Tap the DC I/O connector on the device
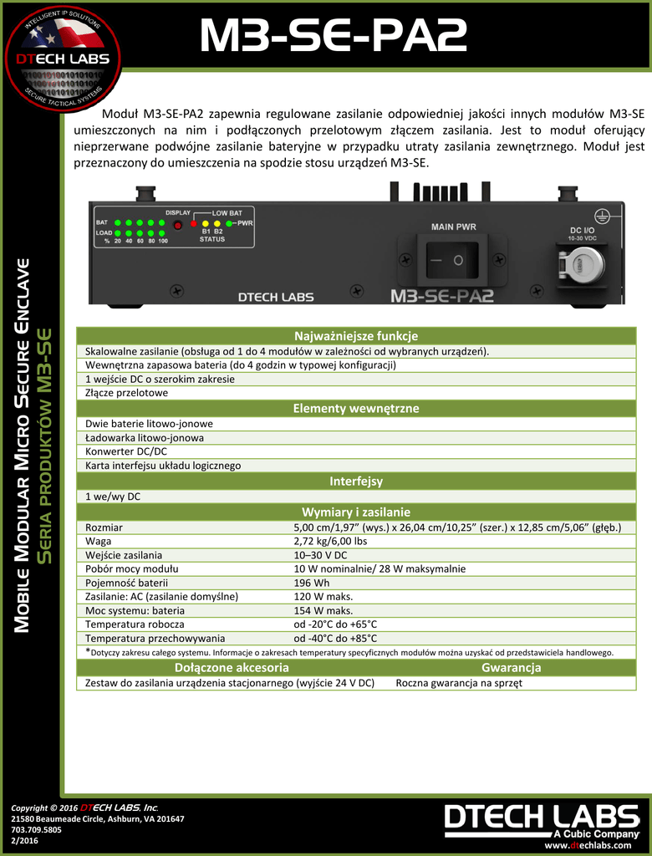coord(583,264)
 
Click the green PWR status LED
coord(229,223)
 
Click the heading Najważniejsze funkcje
coord(350,336)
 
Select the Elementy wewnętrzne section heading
coord(350,409)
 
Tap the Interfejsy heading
coord(350,481)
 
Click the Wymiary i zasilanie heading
coord(350,512)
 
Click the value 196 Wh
coord(309,583)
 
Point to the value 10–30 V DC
coord(320,555)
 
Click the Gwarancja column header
coord(511,668)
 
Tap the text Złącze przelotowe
coord(126,392)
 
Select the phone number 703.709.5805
coord(38,830)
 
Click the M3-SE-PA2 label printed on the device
coord(442,296)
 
